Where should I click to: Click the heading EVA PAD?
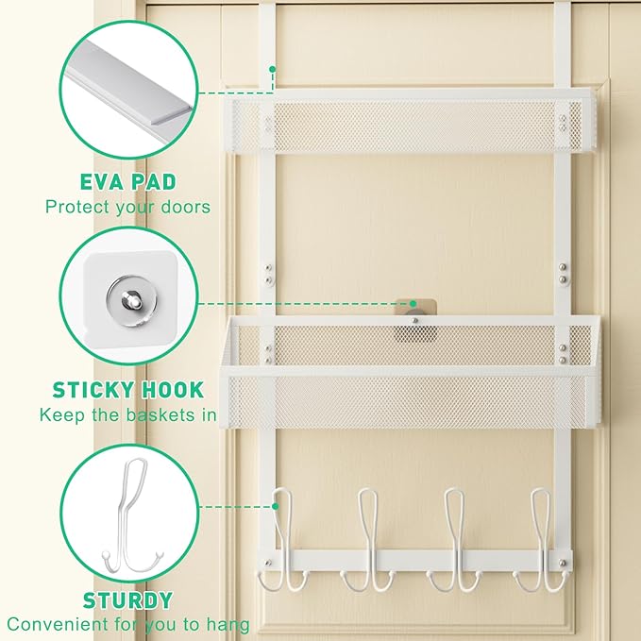128,182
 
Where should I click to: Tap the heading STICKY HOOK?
128,390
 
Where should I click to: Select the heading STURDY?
128,600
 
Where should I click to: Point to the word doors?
186,207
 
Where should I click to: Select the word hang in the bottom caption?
228,625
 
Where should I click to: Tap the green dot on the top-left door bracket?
272,70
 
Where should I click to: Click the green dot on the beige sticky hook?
413,304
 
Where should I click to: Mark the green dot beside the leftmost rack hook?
276,507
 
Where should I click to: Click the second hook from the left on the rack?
367,540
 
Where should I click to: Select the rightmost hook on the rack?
541,540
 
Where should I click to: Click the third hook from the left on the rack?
454,540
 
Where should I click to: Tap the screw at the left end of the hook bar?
268,563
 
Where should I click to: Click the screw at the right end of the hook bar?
563,563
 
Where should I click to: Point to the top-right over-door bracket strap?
562,45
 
